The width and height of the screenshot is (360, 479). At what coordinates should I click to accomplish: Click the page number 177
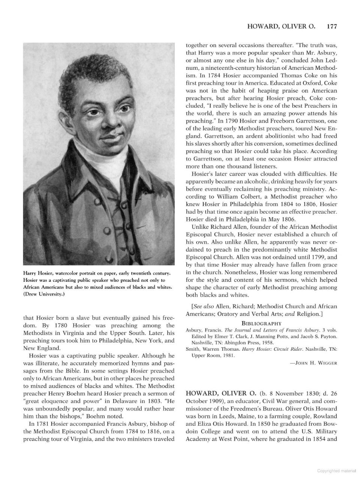tap(332, 27)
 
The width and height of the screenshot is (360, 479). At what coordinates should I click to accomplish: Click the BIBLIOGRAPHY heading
tap(261, 323)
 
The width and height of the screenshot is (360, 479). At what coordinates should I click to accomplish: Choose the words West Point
tap(234, 439)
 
